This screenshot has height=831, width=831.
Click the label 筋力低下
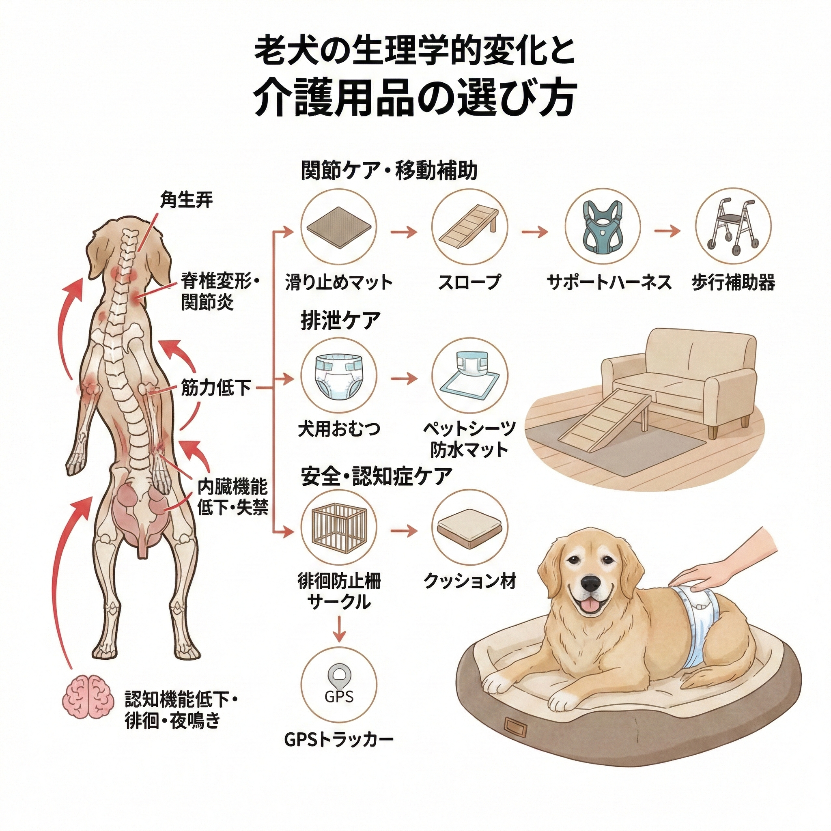216,388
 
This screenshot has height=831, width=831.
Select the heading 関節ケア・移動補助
389,171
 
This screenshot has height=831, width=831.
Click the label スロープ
470,282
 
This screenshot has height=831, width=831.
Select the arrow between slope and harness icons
535,233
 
